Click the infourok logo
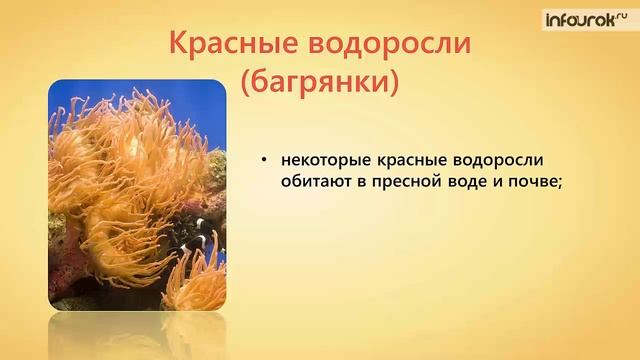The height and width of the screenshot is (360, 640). pos(585,18)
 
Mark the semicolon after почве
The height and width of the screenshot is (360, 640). pos(567,184)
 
